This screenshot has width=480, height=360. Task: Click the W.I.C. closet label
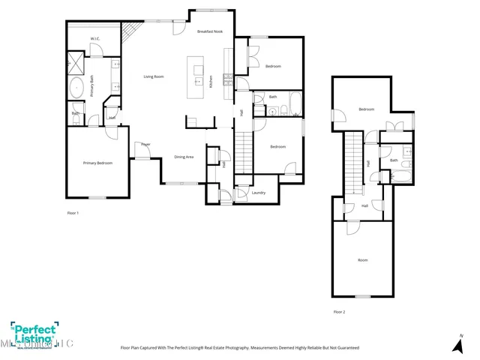pyautogui.click(x=96, y=38)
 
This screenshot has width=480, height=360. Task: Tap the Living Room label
pyautogui.click(x=154, y=77)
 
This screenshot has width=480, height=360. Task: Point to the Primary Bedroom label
pyautogui.click(x=97, y=163)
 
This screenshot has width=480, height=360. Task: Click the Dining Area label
pyautogui.click(x=184, y=157)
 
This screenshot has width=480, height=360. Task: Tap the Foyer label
pyautogui.click(x=145, y=144)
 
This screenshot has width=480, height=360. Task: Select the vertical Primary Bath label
pyautogui.click(x=92, y=89)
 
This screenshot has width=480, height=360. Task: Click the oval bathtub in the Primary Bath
pyautogui.click(x=77, y=88)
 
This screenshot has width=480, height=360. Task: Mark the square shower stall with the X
pyautogui.click(x=77, y=61)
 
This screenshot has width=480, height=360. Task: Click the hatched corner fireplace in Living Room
pyautogui.click(x=132, y=31)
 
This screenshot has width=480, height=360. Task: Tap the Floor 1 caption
pyautogui.click(x=73, y=213)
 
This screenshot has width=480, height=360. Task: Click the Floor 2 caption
pyautogui.click(x=340, y=311)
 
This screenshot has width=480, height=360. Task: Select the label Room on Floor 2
pyautogui.click(x=362, y=260)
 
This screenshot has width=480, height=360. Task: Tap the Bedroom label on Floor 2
pyautogui.click(x=366, y=109)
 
